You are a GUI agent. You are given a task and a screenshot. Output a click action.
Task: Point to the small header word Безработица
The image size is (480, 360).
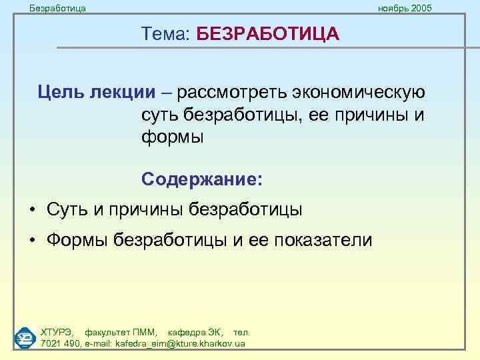point(58,8)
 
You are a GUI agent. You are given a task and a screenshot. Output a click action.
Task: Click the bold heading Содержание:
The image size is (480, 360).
point(202,179)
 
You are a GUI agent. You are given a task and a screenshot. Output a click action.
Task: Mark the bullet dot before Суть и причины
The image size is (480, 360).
point(32,210)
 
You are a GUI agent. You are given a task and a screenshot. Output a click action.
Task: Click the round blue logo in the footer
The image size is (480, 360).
point(25,337)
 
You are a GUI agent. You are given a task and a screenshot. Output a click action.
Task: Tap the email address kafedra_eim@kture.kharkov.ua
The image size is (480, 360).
point(180,343)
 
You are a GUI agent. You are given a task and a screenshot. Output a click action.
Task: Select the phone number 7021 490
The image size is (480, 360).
point(60,343)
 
